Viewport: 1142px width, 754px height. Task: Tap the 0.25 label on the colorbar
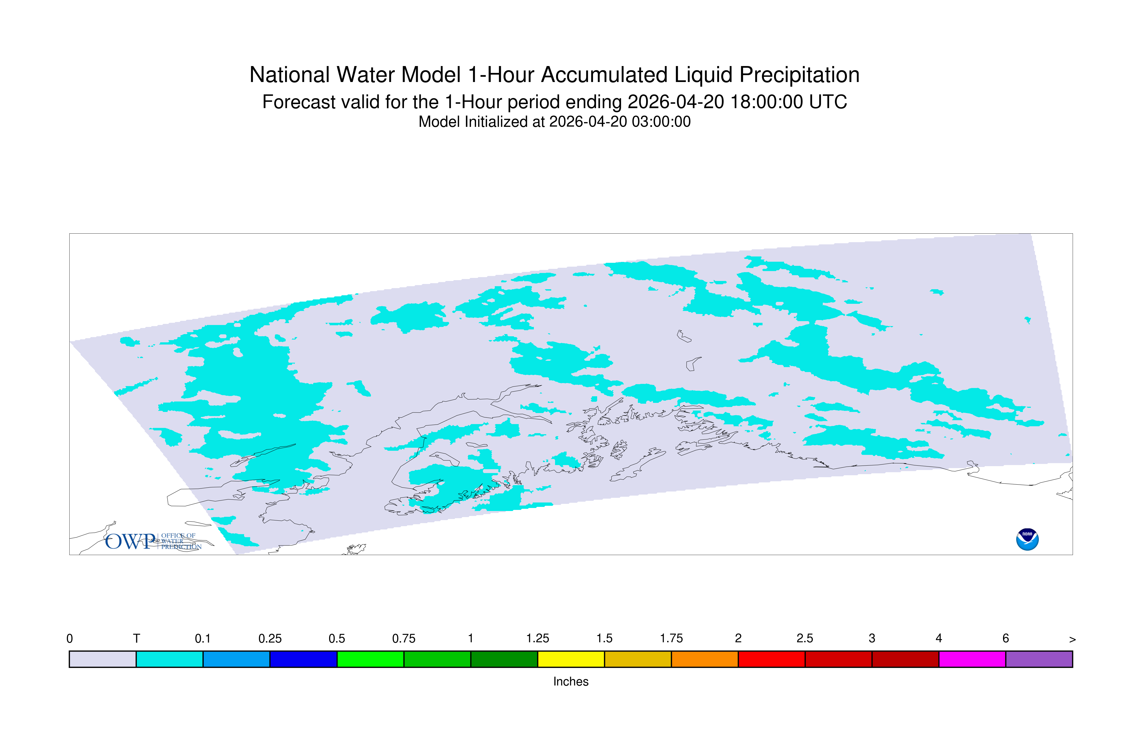(270, 639)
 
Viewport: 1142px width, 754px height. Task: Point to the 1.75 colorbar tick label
(671, 639)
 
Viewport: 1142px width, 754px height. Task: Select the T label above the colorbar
(136, 639)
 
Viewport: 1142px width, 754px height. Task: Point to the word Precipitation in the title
(799, 75)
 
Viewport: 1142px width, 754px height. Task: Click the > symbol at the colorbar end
(1072, 640)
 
